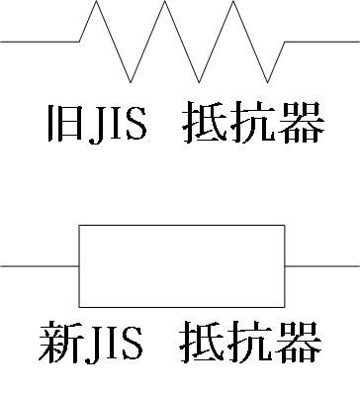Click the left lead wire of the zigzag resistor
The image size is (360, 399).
pos(40,42)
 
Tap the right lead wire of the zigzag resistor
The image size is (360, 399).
pos(321,42)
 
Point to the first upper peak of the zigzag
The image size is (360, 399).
pos(97,3)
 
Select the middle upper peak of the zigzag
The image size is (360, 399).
pos(165,3)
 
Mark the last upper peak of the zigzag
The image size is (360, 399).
pos(233,3)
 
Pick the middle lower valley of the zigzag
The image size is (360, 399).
pos(200,79)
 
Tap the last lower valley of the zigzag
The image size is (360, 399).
pos(267,79)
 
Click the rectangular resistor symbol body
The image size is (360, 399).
pos(182,265)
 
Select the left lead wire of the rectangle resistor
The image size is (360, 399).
pos(40,265)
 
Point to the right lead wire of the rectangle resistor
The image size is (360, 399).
pos(321,265)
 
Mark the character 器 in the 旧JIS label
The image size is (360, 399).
pos(302,126)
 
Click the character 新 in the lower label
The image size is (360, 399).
pos(61,344)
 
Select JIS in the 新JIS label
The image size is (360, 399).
pos(114,344)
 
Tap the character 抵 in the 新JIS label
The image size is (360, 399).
pos(204,344)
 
